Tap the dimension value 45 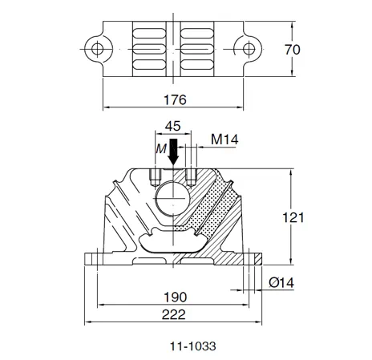pos(172,127)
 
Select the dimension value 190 pos(174,295)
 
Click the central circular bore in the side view pos(173,196)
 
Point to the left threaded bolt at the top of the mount pos(156,175)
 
